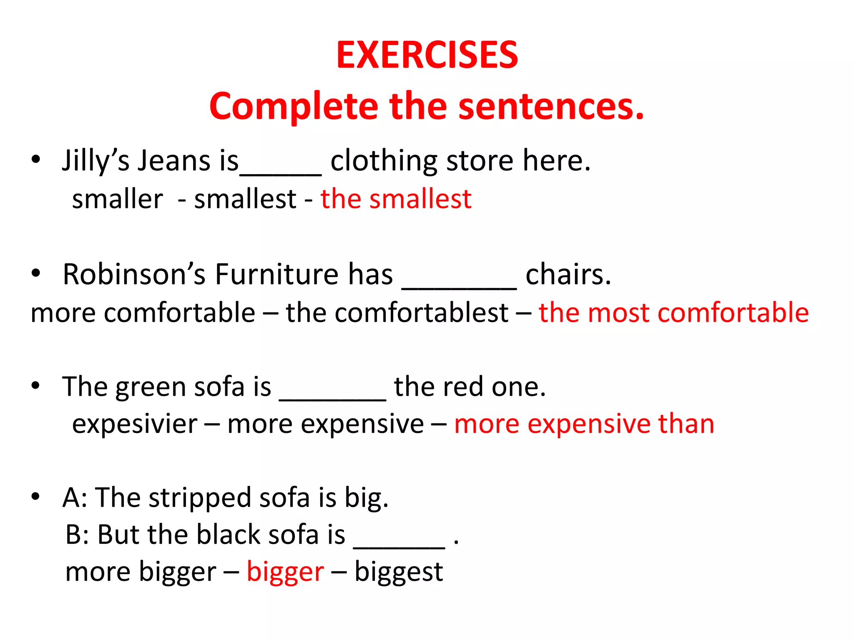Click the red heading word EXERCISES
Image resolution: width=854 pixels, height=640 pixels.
pyautogui.click(x=427, y=55)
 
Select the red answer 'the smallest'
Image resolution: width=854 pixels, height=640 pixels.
pyautogui.click(x=396, y=199)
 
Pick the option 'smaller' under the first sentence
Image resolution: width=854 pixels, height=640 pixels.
pyautogui.click(x=118, y=199)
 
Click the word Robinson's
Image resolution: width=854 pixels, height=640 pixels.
pyautogui.click(x=134, y=275)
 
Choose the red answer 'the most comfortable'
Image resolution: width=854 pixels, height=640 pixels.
pyautogui.click(x=673, y=312)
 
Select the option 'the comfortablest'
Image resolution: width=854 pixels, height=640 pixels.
pyautogui.click(x=397, y=312)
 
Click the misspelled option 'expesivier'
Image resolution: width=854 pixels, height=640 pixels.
pyautogui.click(x=135, y=424)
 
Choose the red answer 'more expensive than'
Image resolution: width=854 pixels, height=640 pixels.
pyautogui.click(x=584, y=424)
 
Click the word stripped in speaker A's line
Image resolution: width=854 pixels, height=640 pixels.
pyautogui.click(x=201, y=498)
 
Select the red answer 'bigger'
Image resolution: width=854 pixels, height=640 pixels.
pyautogui.click(x=285, y=572)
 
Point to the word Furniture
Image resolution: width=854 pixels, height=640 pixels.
pyautogui.click(x=277, y=275)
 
